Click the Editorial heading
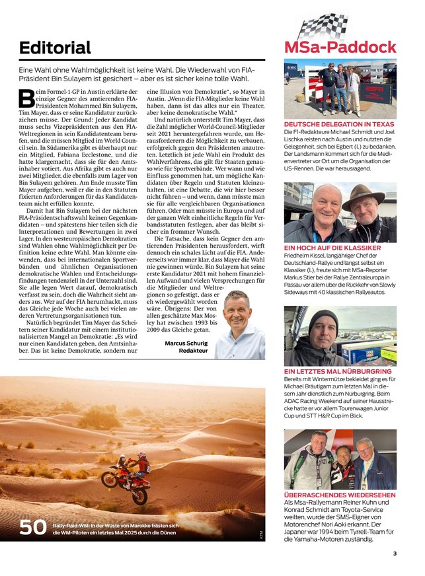(55, 48)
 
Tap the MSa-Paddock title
(340, 47)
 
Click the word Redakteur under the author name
(194, 351)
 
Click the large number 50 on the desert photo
(33, 528)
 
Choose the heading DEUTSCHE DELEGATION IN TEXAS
(338, 124)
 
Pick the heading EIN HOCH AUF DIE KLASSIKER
(334, 248)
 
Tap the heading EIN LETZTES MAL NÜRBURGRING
(337, 371)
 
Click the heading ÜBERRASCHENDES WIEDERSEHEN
(340, 495)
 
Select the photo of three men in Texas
(340, 89)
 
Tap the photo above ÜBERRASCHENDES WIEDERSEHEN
(340, 459)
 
